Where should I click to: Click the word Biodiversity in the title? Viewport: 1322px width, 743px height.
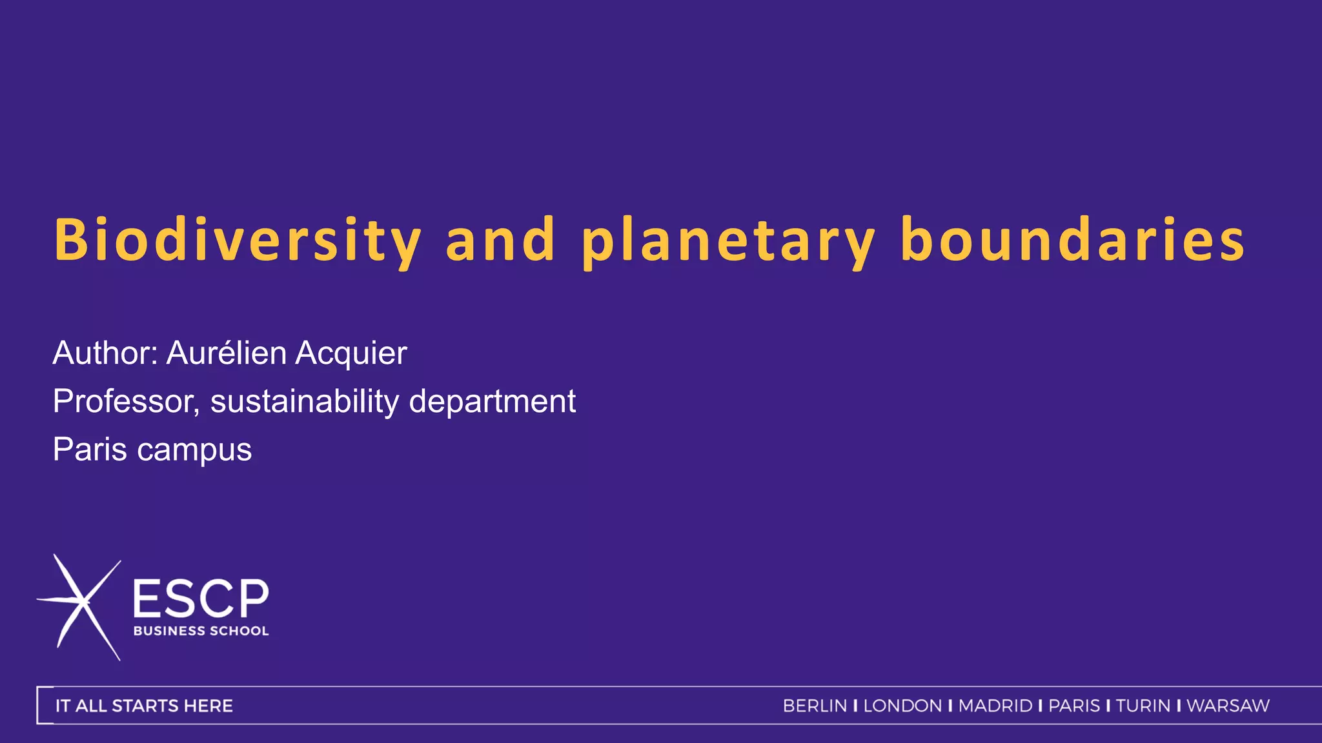click(x=238, y=240)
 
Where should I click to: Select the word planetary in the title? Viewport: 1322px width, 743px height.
click(x=728, y=240)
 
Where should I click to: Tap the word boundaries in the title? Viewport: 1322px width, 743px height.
click(x=1072, y=240)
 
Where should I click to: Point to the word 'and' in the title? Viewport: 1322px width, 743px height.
click(x=500, y=240)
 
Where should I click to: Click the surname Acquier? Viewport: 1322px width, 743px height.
click(x=351, y=353)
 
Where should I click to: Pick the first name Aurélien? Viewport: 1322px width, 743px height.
click(x=227, y=353)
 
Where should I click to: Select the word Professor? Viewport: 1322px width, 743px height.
click(x=127, y=402)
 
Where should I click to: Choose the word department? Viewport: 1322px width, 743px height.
click(x=492, y=402)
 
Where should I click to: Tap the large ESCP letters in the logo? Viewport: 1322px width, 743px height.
click(x=201, y=598)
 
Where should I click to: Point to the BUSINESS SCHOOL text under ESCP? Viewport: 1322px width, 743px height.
click(x=201, y=631)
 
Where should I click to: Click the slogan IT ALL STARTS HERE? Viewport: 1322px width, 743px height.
click(x=144, y=706)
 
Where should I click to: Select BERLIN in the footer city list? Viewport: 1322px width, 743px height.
click(x=815, y=706)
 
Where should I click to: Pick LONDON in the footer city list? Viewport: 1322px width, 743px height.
click(x=902, y=706)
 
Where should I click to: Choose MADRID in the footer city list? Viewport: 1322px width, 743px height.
click(x=995, y=706)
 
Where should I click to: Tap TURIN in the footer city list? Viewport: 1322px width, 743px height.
click(x=1143, y=706)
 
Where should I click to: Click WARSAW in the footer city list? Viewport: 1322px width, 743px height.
click(x=1228, y=706)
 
